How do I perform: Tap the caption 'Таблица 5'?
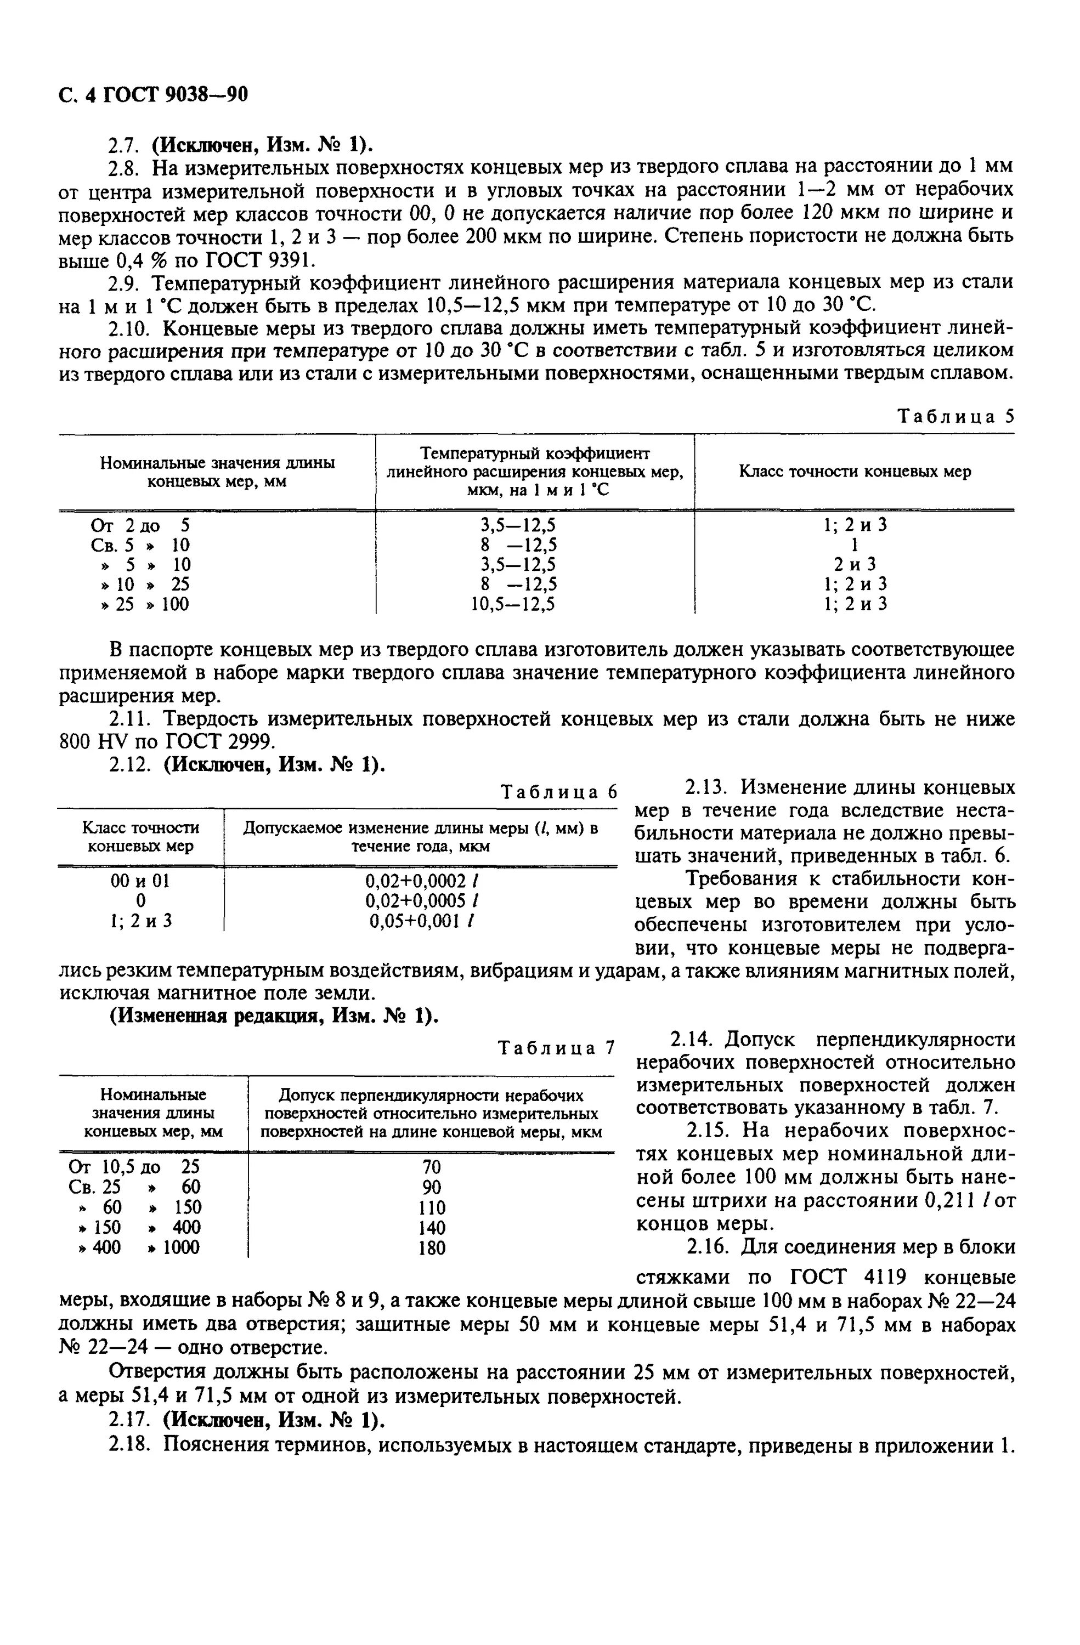[955, 416]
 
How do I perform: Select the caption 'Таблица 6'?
[557, 792]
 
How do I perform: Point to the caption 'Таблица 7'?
[556, 1048]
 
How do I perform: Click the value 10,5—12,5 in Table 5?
[513, 604]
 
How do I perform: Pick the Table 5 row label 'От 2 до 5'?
[140, 525]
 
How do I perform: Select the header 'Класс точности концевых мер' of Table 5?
[855, 472]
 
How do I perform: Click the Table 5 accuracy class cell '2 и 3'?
[855, 564]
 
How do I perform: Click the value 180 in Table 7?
[432, 1247]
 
